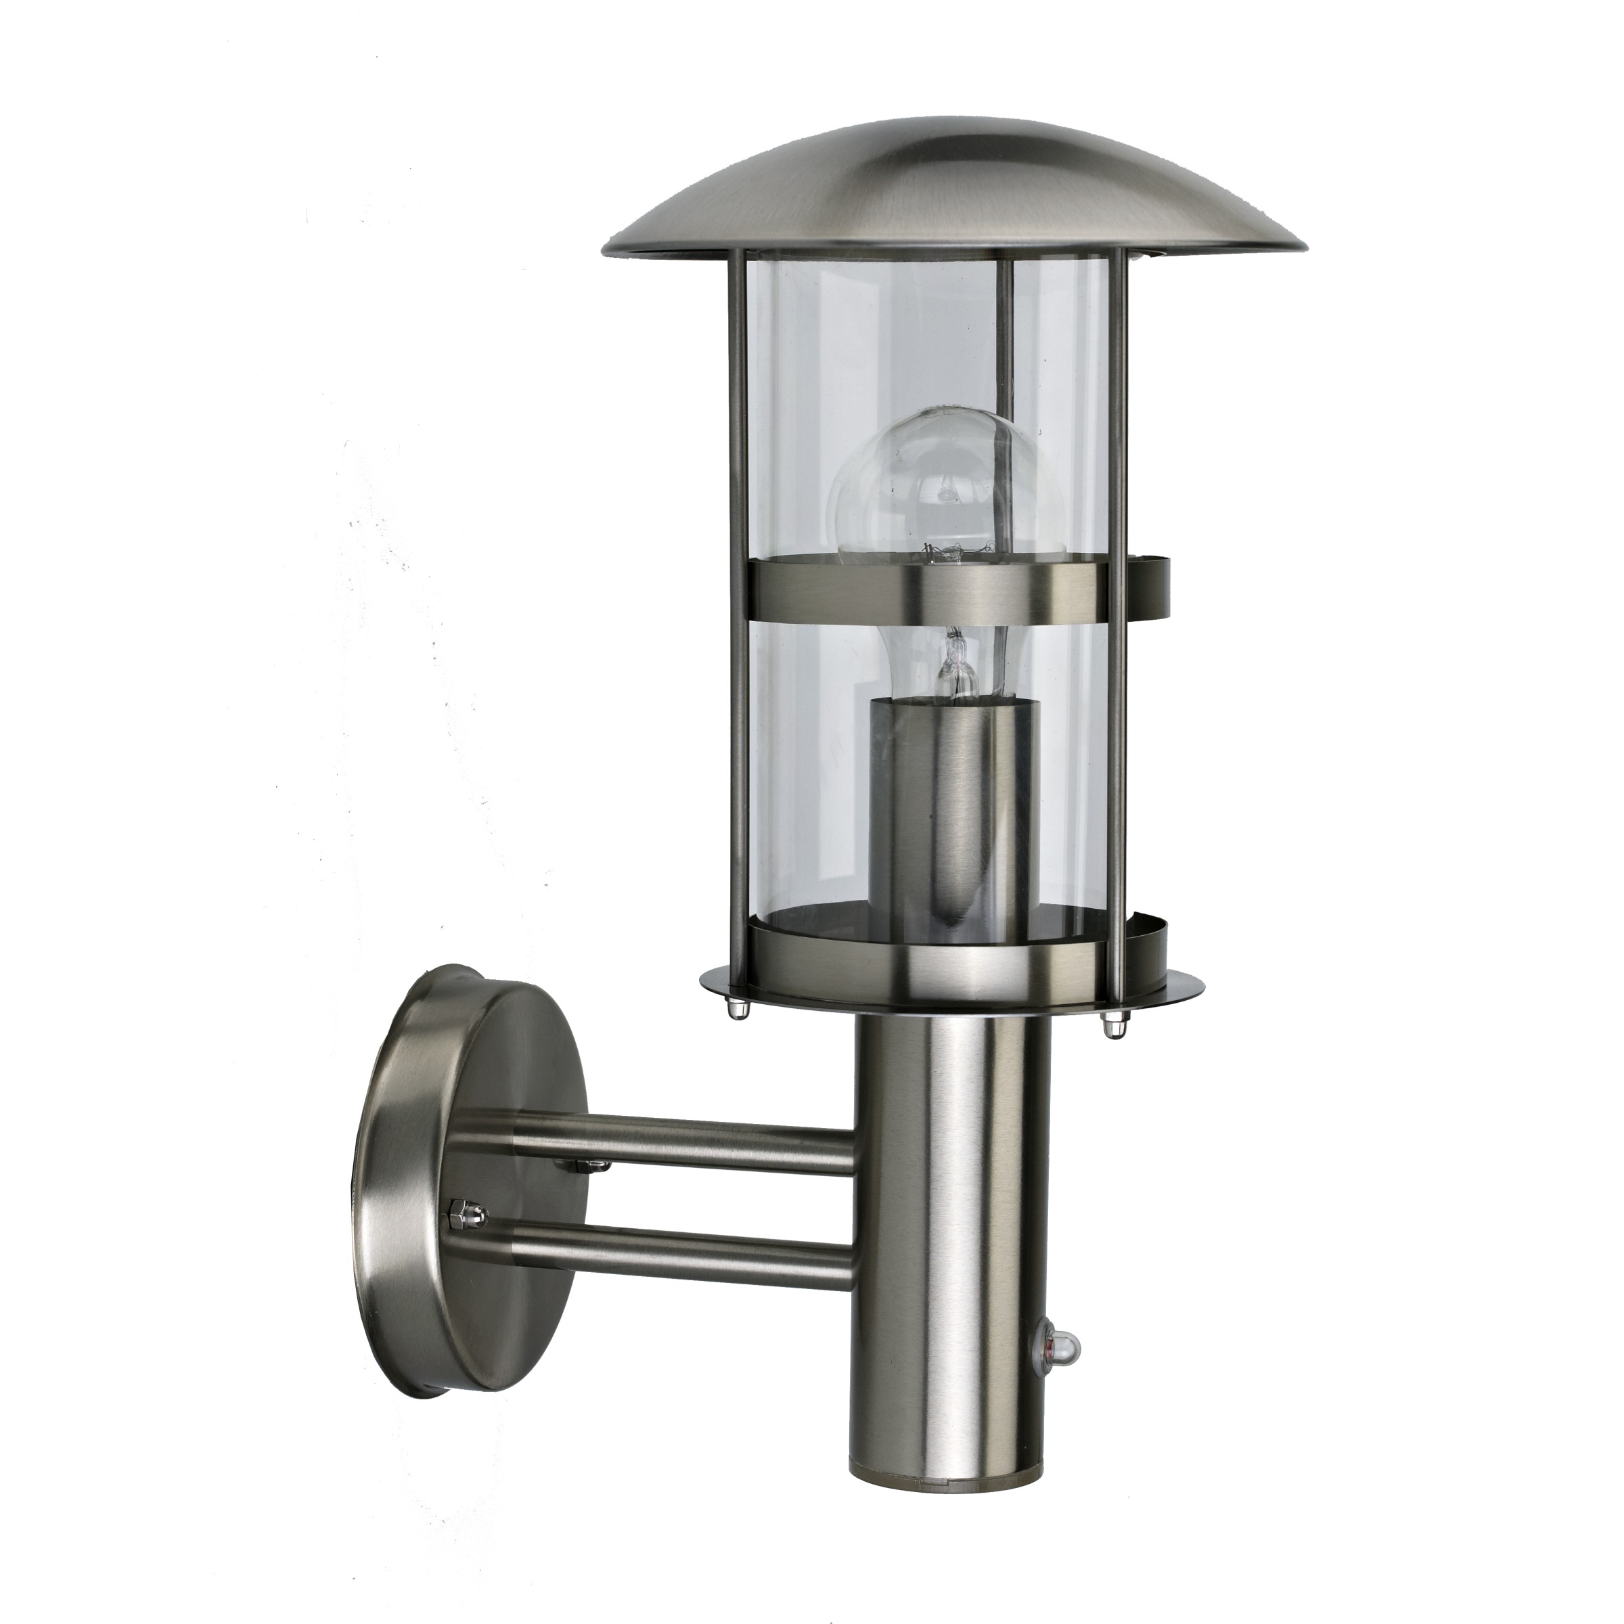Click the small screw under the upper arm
580,1167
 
